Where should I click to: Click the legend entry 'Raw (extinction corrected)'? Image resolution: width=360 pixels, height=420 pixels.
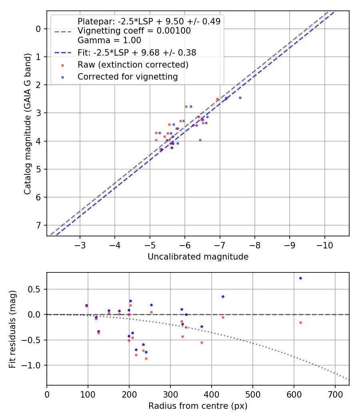click(x=133, y=64)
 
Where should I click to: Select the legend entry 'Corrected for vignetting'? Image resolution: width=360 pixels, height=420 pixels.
click(x=128, y=76)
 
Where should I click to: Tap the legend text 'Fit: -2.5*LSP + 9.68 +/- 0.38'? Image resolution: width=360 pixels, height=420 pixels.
click(x=137, y=52)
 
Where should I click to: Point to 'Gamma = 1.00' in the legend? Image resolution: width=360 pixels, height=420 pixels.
click(x=109, y=40)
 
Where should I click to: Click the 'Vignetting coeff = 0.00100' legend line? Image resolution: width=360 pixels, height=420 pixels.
click(x=134, y=31)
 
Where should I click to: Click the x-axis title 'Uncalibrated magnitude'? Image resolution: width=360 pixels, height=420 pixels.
click(x=198, y=257)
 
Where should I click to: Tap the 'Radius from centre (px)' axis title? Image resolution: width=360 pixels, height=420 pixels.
click(x=198, y=406)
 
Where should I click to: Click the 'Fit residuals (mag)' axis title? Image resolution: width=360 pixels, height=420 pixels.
click(x=13, y=329)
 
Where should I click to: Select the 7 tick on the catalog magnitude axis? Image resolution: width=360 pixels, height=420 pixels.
click(x=38, y=226)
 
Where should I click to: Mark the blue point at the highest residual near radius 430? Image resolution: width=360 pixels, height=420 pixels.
click(x=223, y=296)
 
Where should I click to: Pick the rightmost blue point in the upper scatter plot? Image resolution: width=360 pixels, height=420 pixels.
click(x=240, y=98)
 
